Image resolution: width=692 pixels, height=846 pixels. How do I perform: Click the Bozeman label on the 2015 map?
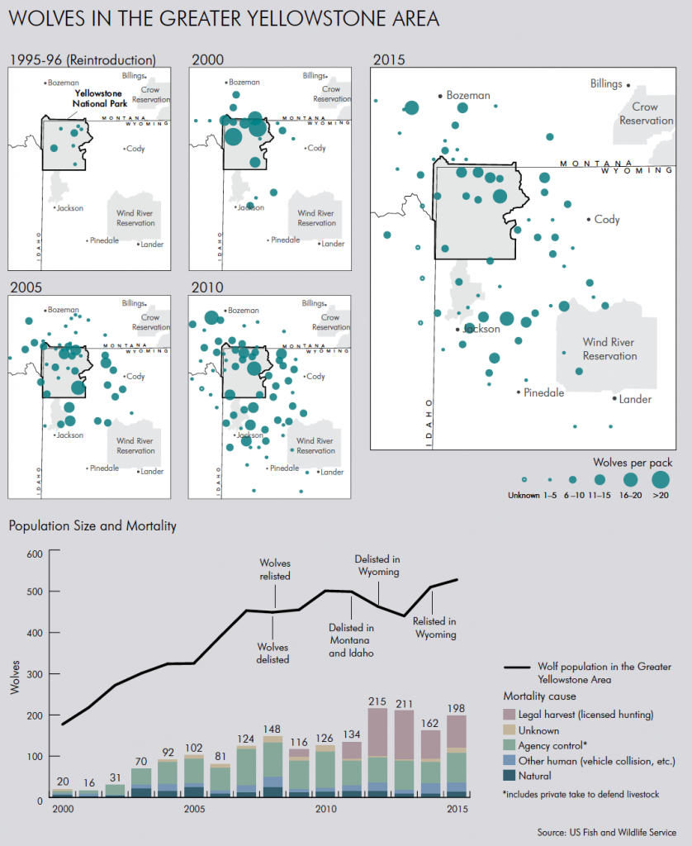pyautogui.click(x=468, y=96)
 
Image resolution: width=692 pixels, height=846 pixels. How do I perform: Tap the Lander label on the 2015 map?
pyautogui.click(x=635, y=400)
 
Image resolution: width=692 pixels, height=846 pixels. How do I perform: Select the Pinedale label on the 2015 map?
pyautogui.click(x=544, y=392)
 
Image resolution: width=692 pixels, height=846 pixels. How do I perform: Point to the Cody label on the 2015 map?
pyautogui.click(x=607, y=220)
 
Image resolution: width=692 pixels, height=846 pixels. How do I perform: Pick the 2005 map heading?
pyautogui.click(x=25, y=287)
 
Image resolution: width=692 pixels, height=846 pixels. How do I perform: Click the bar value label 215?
pyautogui.click(x=377, y=701)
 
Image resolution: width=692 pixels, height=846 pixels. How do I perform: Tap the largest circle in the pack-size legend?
pyautogui.click(x=661, y=478)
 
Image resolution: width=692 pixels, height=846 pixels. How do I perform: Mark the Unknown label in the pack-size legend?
pyautogui.click(x=523, y=495)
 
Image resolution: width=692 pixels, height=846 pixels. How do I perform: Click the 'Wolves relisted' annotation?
pyautogui.click(x=274, y=569)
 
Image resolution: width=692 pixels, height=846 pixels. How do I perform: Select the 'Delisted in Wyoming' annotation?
pyautogui.click(x=377, y=565)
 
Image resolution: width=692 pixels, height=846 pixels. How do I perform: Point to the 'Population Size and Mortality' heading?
pyautogui.click(x=92, y=525)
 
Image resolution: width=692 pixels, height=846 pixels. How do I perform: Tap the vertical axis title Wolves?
pyautogui.click(x=13, y=675)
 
